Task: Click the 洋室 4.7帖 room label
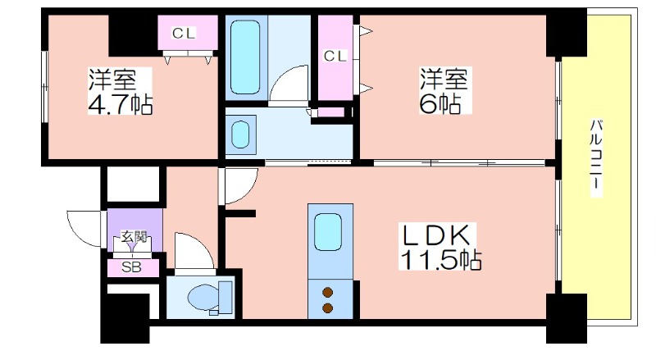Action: click(x=120, y=91)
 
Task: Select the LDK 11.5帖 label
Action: click(x=440, y=247)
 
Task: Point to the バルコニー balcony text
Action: click(x=597, y=157)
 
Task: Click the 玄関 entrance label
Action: click(x=134, y=237)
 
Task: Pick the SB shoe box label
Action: click(x=131, y=267)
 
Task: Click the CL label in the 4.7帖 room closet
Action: click(x=184, y=33)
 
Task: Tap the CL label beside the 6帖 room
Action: click(x=335, y=56)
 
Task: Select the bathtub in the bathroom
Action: click(x=245, y=57)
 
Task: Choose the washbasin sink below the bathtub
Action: click(x=240, y=134)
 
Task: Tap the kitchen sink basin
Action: click(x=328, y=232)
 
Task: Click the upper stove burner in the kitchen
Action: click(x=327, y=292)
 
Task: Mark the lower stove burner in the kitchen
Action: click(x=327, y=308)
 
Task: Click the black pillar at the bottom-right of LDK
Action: click(x=567, y=318)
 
